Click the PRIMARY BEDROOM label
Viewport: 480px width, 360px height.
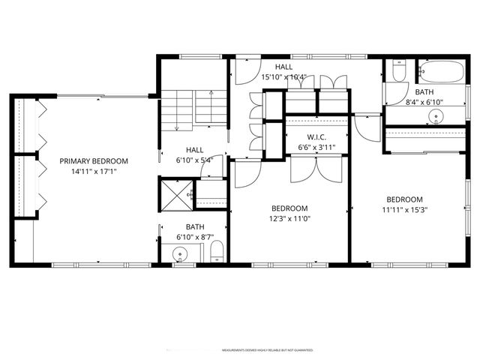(x=94, y=160)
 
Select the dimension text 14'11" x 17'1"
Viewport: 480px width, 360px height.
(x=94, y=171)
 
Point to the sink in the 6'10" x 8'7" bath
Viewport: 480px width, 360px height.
(x=180, y=254)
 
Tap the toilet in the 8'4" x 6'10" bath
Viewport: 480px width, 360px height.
(x=397, y=73)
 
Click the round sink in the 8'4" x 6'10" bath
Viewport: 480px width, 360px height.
(x=436, y=116)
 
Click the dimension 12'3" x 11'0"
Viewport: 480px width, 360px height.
(x=289, y=218)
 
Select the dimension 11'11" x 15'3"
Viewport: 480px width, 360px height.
(x=404, y=210)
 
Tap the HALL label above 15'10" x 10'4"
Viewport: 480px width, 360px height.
(x=283, y=67)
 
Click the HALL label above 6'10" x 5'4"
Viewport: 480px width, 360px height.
(x=195, y=149)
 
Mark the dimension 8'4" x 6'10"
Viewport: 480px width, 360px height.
(x=424, y=102)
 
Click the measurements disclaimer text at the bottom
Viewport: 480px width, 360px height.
(x=267, y=350)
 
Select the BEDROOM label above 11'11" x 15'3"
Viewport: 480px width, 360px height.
(x=404, y=199)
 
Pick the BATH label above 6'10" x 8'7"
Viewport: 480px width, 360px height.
(x=195, y=226)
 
